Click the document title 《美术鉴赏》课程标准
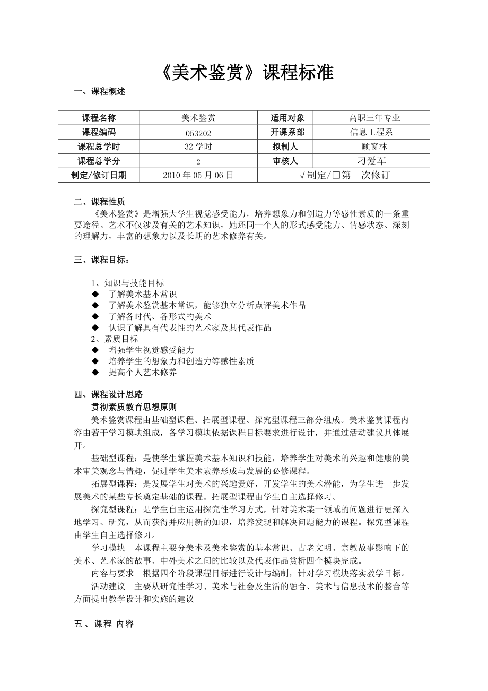click(246, 72)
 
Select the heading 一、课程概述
click(100, 91)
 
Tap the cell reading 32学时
click(198, 146)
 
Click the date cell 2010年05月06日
click(198, 175)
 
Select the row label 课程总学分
click(99, 161)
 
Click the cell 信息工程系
click(371, 132)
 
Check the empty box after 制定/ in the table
click(335, 175)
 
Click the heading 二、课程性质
click(100, 201)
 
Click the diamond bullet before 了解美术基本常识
click(95, 294)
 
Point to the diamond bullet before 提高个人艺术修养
click(95, 373)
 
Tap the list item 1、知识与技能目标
click(127, 283)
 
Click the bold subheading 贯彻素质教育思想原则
click(134, 407)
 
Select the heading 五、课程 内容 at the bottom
click(104, 624)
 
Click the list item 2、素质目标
click(115, 339)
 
